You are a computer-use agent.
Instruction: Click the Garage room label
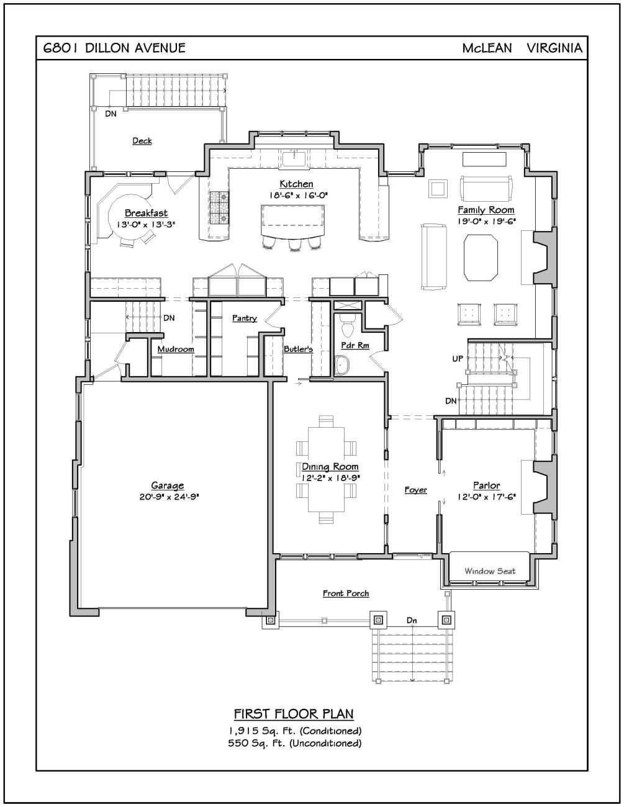click(x=167, y=485)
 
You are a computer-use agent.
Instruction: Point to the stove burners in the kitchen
click(x=219, y=207)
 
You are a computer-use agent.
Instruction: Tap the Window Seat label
click(x=489, y=571)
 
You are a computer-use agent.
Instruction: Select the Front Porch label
click(x=345, y=593)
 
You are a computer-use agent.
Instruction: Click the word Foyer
click(x=415, y=490)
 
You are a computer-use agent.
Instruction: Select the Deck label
click(x=142, y=141)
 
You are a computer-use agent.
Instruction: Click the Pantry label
click(x=244, y=318)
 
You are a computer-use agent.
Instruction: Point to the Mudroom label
click(x=175, y=349)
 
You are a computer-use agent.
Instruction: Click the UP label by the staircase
click(x=457, y=359)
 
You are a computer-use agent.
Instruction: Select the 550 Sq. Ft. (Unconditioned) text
click(x=295, y=743)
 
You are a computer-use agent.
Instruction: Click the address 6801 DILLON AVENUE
click(x=114, y=48)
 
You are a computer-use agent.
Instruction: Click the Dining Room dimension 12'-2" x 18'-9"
click(x=330, y=478)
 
